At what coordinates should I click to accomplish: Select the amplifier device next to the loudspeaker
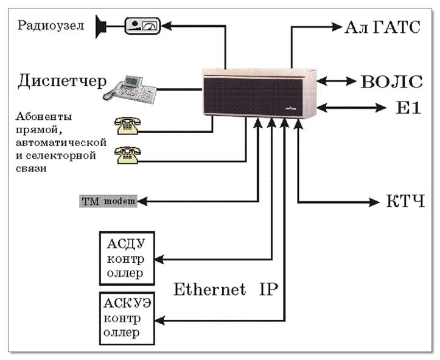141,26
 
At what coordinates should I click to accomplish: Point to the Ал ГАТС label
382,27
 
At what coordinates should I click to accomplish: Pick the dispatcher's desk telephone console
130,88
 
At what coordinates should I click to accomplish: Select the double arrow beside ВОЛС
337,81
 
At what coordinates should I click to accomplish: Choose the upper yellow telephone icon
128,125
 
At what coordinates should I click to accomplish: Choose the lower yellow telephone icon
128,156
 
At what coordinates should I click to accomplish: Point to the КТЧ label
405,201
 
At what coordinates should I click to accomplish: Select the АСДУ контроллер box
126,258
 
